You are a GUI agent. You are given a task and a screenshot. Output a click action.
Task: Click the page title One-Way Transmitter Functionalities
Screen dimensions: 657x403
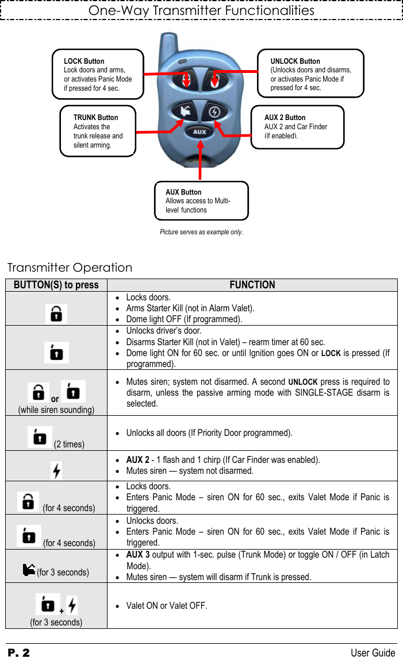click(x=201, y=10)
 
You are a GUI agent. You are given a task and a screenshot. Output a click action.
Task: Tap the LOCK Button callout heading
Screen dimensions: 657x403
click(x=84, y=61)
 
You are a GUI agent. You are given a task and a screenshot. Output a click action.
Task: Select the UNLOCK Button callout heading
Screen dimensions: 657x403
click(x=295, y=61)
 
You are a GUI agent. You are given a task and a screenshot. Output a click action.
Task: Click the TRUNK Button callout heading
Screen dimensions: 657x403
click(x=95, y=117)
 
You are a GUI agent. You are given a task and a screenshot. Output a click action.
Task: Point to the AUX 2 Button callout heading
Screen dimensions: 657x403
click(x=285, y=117)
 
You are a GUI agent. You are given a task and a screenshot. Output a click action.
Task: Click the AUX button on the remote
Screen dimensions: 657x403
click(x=199, y=132)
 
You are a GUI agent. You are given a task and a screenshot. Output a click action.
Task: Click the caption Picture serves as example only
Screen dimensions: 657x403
click(x=201, y=232)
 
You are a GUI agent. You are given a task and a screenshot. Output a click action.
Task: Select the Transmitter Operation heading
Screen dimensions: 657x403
click(x=70, y=268)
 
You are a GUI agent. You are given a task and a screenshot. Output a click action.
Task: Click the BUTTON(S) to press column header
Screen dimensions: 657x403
click(x=56, y=285)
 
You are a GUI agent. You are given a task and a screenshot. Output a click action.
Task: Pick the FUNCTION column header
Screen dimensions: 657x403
click(x=252, y=285)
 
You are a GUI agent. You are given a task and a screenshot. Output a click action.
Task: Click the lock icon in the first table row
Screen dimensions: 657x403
click(x=56, y=314)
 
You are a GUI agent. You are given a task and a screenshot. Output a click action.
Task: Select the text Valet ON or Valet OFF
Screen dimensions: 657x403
click(x=167, y=605)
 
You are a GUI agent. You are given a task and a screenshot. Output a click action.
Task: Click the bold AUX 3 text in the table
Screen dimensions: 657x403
click(x=138, y=555)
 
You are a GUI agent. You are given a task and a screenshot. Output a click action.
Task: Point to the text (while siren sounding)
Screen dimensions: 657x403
click(x=56, y=409)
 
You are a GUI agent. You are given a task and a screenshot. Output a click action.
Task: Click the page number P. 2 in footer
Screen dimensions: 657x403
click(x=18, y=652)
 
